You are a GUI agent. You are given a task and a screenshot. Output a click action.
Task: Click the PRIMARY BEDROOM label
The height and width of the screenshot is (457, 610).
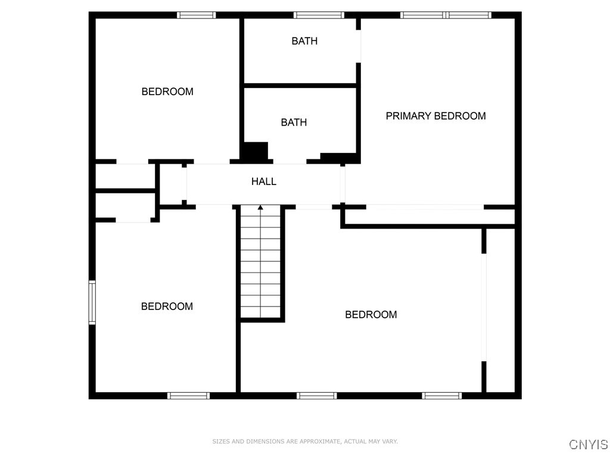tap(435, 116)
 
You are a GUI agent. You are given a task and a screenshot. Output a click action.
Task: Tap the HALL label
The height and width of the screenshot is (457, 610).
tap(264, 181)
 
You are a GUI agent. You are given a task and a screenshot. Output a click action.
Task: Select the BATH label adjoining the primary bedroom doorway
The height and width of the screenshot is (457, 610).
tap(304, 41)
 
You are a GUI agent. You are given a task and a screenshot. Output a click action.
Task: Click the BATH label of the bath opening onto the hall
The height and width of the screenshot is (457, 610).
tap(294, 123)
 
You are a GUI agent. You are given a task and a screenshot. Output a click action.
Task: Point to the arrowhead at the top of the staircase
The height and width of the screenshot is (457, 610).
tap(260, 208)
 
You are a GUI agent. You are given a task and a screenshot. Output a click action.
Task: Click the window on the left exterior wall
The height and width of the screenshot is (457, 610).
tap(92, 302)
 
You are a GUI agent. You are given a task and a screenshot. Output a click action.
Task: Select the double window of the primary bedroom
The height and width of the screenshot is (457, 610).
tap(446, 15)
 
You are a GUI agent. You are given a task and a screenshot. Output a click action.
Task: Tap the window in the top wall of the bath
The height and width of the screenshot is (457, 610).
tap(319, 15)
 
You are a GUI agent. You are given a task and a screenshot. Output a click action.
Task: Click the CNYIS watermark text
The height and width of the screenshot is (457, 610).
tap(589, 444)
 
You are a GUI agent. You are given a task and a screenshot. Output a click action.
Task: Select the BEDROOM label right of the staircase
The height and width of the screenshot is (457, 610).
tap(371, 314)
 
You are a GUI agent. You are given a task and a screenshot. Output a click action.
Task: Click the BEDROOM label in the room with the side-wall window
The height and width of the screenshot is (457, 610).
tap(167, 306)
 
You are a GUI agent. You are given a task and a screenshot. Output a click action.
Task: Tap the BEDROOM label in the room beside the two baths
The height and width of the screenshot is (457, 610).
tap(167, 92)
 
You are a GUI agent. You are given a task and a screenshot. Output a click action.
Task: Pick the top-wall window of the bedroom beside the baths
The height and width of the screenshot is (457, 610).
tap(196, 15)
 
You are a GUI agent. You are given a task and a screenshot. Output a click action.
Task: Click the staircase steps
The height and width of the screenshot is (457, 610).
tap(260, 262)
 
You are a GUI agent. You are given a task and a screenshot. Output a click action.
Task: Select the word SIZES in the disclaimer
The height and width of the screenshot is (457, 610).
tap(221, 442)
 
